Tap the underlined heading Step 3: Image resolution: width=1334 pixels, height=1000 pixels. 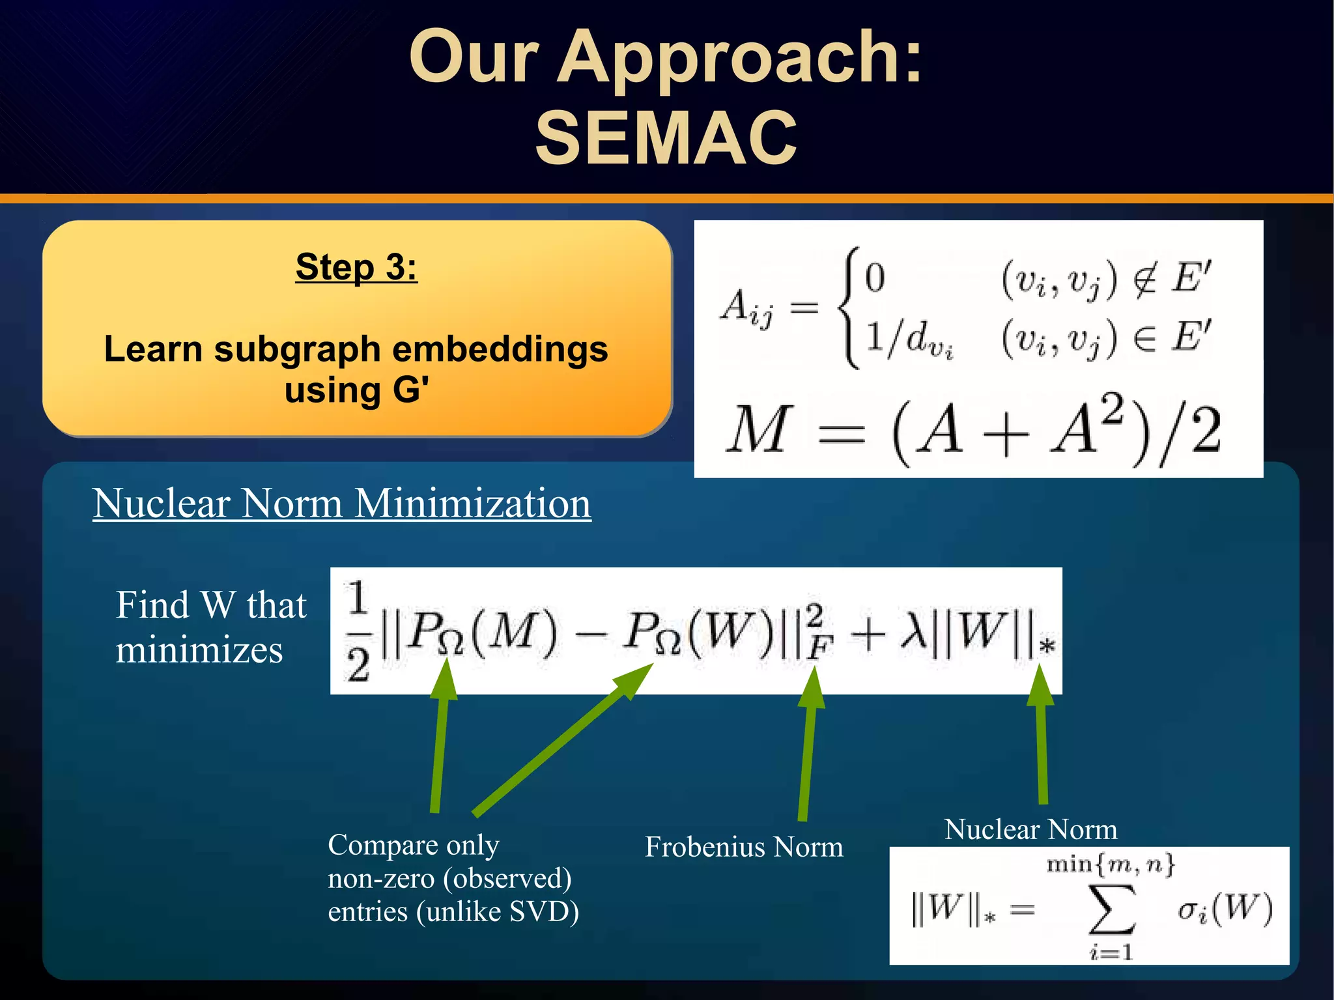(356, 267)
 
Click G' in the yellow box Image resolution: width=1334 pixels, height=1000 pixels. (410, 390)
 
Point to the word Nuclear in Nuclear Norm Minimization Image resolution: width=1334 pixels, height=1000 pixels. (162, 504)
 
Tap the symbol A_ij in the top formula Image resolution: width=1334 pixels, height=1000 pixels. (746, 307)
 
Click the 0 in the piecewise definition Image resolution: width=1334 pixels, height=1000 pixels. (875, 278)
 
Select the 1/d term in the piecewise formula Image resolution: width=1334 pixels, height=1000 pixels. (908, 339)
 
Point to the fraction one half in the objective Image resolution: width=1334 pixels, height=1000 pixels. (358, 631)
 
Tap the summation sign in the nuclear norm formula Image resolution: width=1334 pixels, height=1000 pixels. (1112, 910)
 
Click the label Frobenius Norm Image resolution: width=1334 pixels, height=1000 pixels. (744, 848)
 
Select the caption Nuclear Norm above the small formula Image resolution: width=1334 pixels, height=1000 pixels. (1030, 830)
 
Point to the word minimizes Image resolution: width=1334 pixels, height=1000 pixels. (199, 650)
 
